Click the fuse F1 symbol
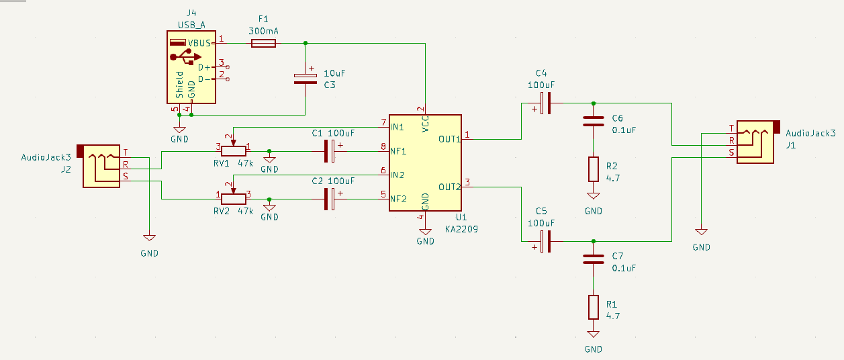point(263,43)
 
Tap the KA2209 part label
point(460,229)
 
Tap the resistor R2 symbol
point(594,169)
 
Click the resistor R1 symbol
point(594,307)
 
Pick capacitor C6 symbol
point(594,122)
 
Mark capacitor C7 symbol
point(594,259)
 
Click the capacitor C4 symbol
point(547,103)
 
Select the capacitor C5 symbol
point(547,241)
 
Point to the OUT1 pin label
point(450,139)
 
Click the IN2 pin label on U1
point(397,175)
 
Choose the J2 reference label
point(66,170)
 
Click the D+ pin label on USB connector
point(204,67)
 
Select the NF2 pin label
point(397,199)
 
